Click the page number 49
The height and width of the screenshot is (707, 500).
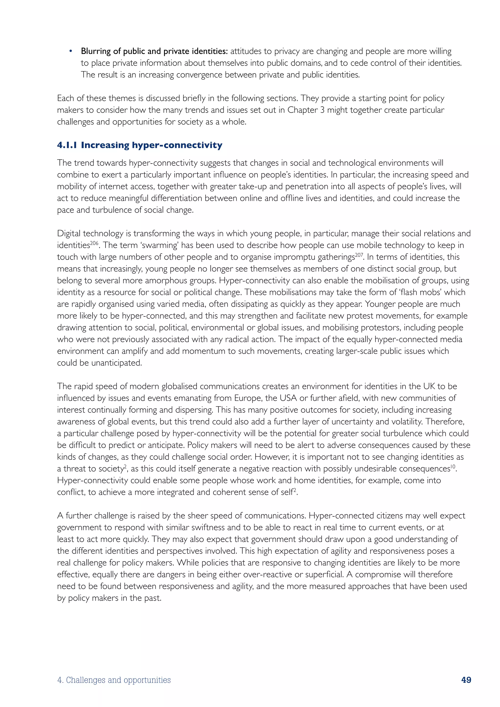tap(466, 680)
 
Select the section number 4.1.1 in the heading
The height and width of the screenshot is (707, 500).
tap(67, 145)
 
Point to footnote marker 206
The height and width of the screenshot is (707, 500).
tap(94, 243)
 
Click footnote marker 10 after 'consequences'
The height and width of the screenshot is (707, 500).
tap(453, 467)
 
